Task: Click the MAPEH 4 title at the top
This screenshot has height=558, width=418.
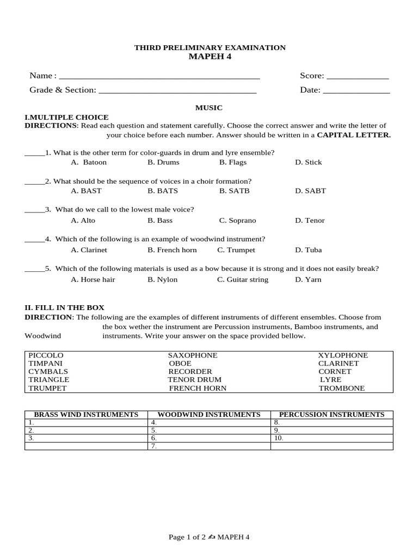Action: click(210, 57)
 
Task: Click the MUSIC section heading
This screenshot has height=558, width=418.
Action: click(209, 108)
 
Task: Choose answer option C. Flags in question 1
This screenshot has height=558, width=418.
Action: click(233, 162)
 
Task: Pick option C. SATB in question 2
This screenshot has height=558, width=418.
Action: click(233, 191)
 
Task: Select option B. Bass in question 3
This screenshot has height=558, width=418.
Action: click(160, 221)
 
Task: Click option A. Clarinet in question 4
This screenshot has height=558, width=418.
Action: click(89, 250)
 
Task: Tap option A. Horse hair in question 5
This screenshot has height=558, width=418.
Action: click(93, 280)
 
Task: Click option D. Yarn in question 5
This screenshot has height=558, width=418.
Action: click(308, 280)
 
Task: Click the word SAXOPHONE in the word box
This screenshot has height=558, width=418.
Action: click(193, 355)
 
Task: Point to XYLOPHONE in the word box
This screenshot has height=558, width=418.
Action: click(343, 355)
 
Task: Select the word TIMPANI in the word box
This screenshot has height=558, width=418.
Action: click(46, 363)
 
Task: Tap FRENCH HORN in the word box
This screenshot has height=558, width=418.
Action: click(198, 389)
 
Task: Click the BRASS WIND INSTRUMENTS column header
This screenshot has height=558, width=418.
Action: click(87, 415)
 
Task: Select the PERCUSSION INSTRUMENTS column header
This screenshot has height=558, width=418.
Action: click(331, 415)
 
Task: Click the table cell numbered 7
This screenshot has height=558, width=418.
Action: click(210, 446)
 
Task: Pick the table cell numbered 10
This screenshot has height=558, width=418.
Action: click(331, 438)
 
